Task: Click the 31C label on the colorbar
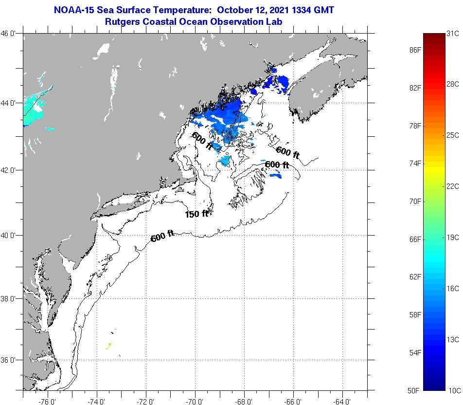click(453, 34)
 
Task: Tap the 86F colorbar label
click(415, 50)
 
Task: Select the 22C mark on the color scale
click(453, 186)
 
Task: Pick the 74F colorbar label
click(415, 164)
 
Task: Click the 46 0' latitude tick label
click(11, 34)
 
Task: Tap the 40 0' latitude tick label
click(11, 235)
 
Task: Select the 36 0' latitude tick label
click(11, 360)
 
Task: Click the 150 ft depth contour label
click(196, 213)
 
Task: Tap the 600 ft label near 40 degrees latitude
click(162, 237)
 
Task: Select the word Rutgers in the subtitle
click(123, 21)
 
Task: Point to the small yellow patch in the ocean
click(109, 346)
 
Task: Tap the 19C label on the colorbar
click(453, 237)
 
